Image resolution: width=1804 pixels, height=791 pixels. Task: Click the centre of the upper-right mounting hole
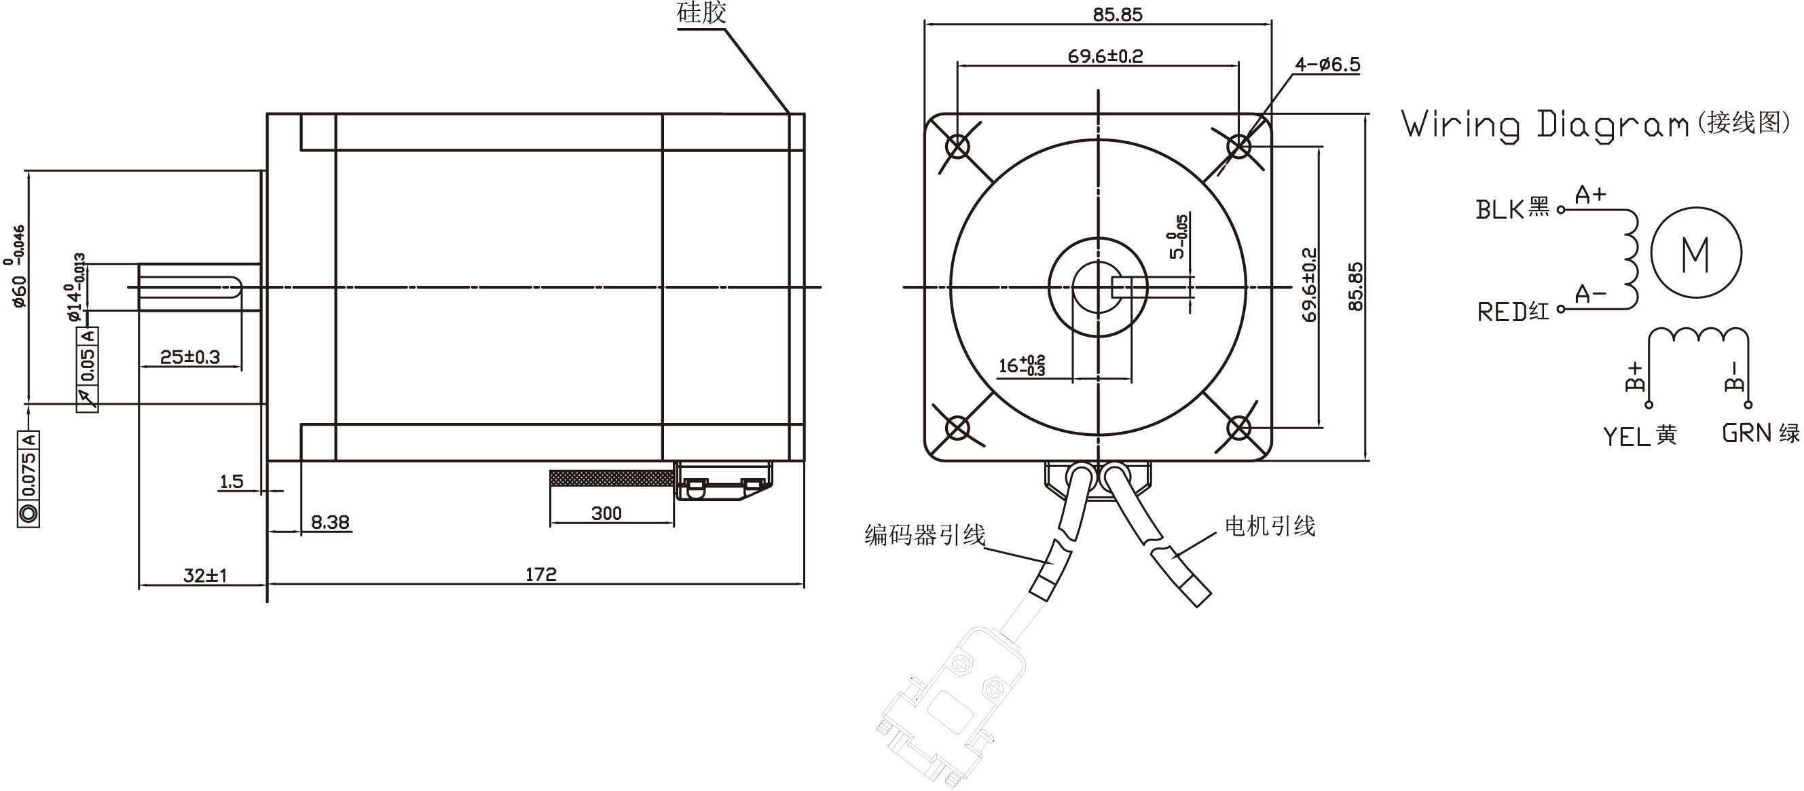[x=1239, y=147]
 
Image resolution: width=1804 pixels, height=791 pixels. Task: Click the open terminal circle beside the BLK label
[x=1560, y=209]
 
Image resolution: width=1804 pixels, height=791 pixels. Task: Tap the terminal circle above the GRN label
[x=1748, y=404]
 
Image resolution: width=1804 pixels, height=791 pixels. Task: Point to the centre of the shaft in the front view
[x=1098, y=287]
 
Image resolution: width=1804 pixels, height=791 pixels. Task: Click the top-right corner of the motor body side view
[x=804, y=113]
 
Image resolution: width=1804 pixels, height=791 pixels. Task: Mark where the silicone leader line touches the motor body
[x=788, y=113]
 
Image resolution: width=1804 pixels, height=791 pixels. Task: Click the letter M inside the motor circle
[x=1695, y=255]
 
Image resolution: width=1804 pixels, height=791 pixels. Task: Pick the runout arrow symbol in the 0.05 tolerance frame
[x=88, y=397]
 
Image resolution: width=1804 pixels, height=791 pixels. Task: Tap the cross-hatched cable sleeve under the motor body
[x=612, y=479]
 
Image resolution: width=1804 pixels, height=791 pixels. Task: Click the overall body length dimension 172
[x=540, y=574]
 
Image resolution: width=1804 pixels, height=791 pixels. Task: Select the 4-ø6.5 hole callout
[x=1327, y=65]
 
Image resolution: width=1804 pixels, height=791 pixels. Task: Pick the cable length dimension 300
[x=606, y=513]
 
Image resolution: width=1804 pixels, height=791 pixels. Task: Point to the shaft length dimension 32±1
[x=205, y=575]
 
